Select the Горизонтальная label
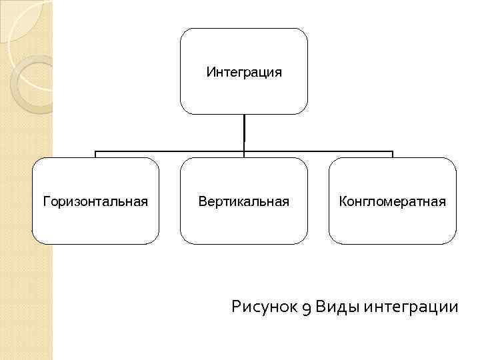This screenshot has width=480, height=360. (95, 201)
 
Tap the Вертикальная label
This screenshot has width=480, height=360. (244, 201)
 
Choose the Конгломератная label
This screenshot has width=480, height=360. (392, 201)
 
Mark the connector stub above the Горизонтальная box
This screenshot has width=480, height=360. (95, 154)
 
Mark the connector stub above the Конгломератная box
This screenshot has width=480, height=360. (393, 154)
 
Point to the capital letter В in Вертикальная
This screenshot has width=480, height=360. (202, 201)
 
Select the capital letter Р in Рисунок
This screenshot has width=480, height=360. (237, 307)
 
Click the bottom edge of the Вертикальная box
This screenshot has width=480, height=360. (244, 243)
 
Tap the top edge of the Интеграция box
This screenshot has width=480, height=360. (244, 29)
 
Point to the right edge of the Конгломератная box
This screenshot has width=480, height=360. (456, 201)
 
